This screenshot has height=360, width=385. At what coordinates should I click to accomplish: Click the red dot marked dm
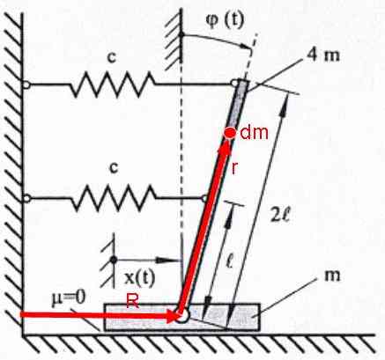click(x=230, y=133)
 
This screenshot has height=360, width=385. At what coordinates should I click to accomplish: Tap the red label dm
click(x=254, y=133)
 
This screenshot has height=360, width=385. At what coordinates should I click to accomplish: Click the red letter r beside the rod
click(x=234, y=168)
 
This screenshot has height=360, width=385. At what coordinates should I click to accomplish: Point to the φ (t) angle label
click(x=225, y=21)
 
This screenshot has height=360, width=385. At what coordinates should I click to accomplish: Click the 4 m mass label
click(x=324, y=55)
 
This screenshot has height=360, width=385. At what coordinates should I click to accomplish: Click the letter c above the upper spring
click(x=112, y=58)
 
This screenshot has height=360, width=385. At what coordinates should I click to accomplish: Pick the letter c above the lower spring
click(x=114, y=168)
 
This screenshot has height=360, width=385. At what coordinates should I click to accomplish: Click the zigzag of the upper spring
click(x=113, y=84)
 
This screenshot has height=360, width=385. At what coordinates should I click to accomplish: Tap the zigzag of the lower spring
click(x=114, y=199)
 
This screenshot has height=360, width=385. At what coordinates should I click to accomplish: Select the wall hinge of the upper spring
click(x=26, y=84)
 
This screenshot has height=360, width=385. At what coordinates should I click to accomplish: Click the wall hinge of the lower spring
click(x=26, y=199)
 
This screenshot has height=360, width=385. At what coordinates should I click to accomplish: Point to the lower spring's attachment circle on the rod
click(x=204, y=199)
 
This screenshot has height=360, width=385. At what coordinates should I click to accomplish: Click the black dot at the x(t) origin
click(x=114, y=260)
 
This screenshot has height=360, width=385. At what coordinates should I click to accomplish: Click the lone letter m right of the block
click(x=332, y=276)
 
